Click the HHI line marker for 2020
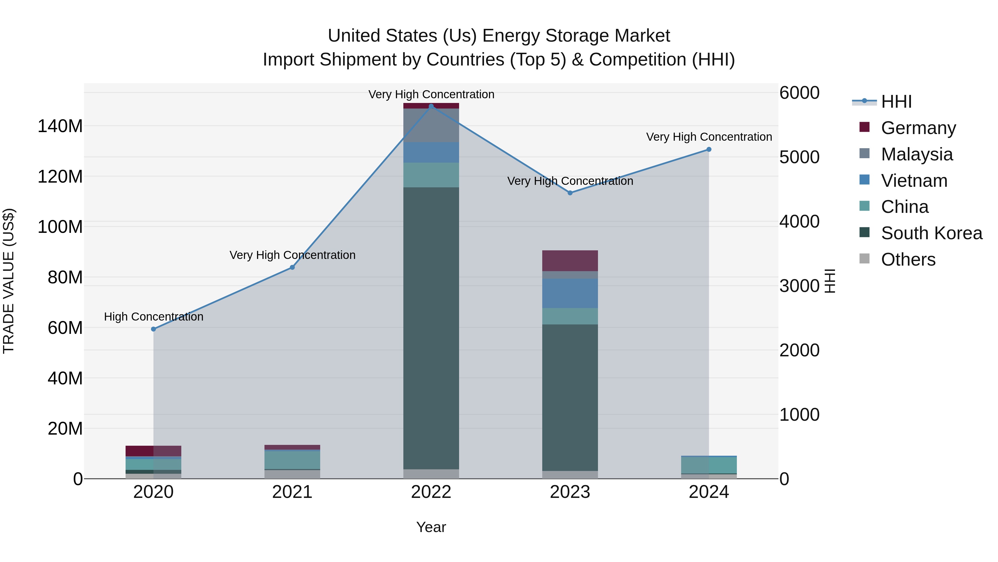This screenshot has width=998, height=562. point(153,329)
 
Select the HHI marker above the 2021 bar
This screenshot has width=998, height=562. point(292,267)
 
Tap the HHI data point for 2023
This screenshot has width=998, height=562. point(570,193)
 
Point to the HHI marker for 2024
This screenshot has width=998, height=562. point(709,149)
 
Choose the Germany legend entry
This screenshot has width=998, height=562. point(918,128)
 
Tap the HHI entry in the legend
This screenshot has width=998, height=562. point(896,102)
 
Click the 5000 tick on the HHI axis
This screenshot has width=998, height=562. point(799,157)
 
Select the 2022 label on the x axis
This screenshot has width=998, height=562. point(431,492)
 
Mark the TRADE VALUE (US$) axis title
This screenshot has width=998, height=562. point(9,281)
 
